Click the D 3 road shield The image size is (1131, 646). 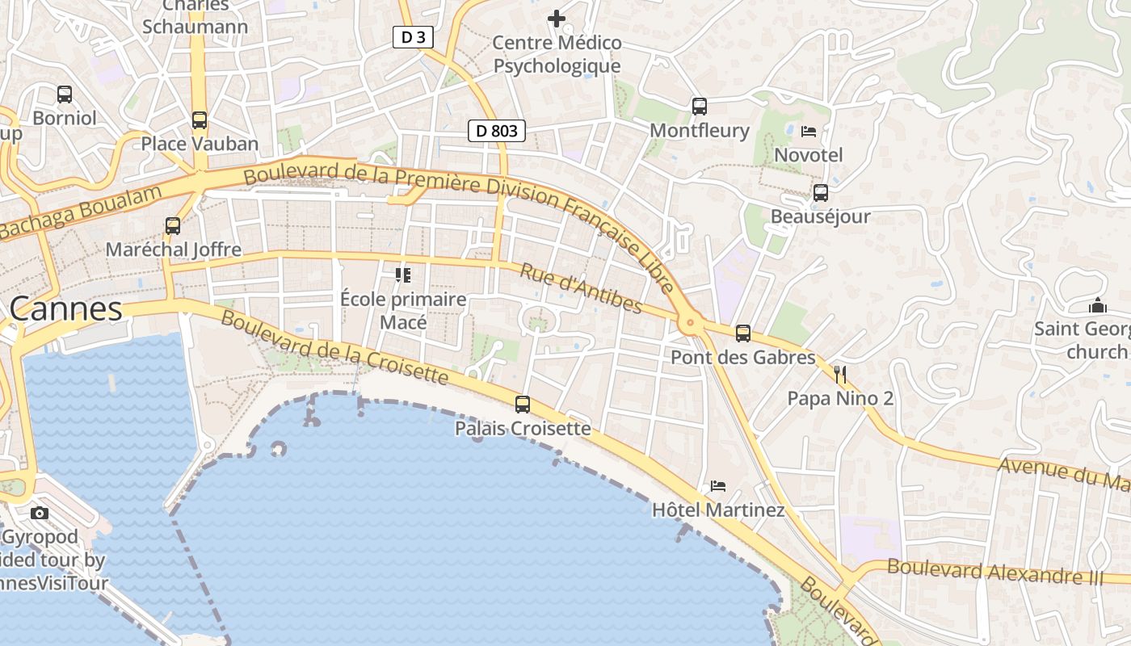coord(413,37)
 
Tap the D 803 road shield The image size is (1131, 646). coord(497,131)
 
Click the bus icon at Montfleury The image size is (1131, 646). coord(700,106)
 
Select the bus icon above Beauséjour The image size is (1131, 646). coord(821,192)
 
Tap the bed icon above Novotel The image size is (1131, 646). coord(808,131)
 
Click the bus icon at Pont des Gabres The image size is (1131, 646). coord(743,333)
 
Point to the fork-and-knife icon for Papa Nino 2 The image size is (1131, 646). coord(840,374)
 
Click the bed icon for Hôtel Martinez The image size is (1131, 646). coord(717,485)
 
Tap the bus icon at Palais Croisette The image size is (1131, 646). coord(523,404)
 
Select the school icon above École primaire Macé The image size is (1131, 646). coord(403,275)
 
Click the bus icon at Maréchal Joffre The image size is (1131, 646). coord(173,225)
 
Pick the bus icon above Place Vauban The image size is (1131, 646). coord(200,120)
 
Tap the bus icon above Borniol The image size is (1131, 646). coord(65,94)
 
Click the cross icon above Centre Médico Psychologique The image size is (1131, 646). coord(557,18)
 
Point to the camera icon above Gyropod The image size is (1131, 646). coord(39,513)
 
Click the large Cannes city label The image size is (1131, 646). coord(66,308)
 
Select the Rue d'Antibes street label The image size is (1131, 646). coord(580,288)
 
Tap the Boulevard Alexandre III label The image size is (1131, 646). coord(994,571)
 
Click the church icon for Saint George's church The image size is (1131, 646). coord(1097,305)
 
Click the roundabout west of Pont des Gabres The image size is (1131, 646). coord(689,324)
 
